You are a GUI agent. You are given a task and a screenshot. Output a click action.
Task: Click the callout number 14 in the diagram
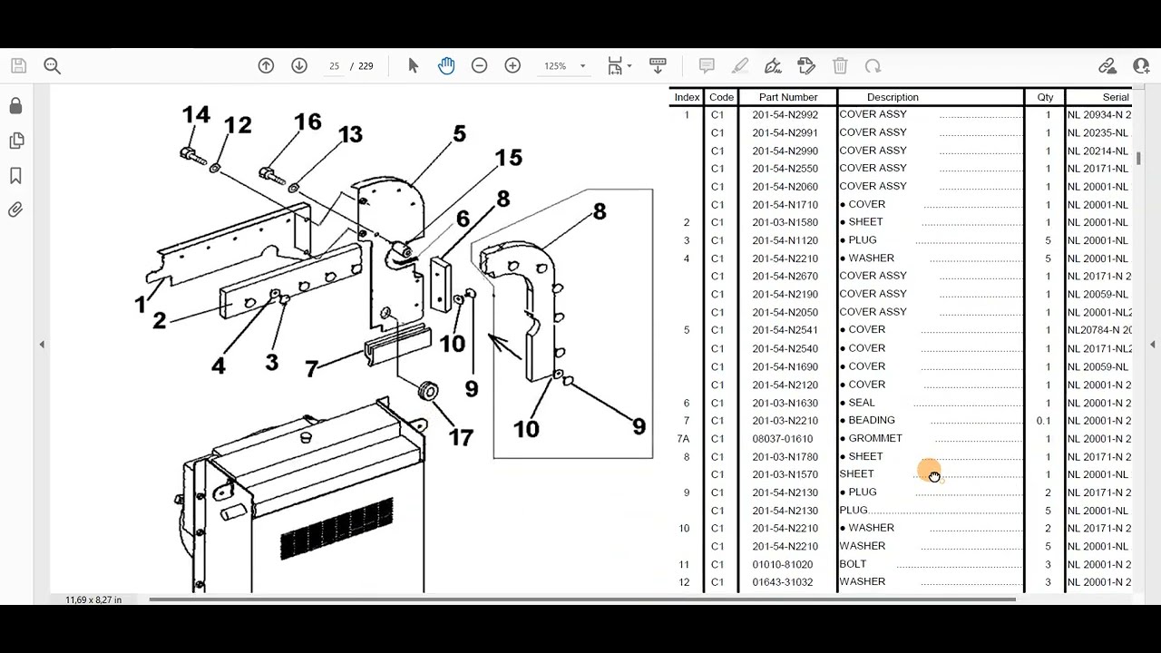(196, 115)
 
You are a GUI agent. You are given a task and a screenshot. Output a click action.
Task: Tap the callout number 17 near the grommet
(461, 437)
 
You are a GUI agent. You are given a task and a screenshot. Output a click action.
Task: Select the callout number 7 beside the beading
(311, 369)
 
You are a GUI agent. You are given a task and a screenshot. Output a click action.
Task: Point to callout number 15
(508, 158)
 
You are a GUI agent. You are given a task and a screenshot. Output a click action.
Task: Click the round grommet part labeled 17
(427, 392)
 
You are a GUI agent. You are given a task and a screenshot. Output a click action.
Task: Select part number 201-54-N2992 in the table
(785, 115)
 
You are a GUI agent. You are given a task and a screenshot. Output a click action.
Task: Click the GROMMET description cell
(875, 438)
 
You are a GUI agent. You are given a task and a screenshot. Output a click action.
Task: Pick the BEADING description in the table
(871, 420)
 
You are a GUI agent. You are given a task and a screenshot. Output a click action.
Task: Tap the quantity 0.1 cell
(1044, 421)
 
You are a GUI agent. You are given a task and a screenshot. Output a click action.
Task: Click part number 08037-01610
(782, 439)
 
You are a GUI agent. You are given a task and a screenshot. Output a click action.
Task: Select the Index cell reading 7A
(684, 439)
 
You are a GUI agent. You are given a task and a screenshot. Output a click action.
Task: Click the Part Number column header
(787, 97)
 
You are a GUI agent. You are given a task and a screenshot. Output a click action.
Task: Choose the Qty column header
(1045, 97)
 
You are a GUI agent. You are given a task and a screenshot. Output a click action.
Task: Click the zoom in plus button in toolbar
(512, 66)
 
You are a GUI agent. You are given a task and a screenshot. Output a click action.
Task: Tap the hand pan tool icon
(446, 66)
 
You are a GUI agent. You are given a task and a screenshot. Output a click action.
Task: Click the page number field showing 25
(334, 66)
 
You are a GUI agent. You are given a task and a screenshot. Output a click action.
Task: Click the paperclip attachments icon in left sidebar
(15, 210)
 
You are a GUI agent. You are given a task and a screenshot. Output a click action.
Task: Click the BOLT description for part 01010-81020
(853, 564)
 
